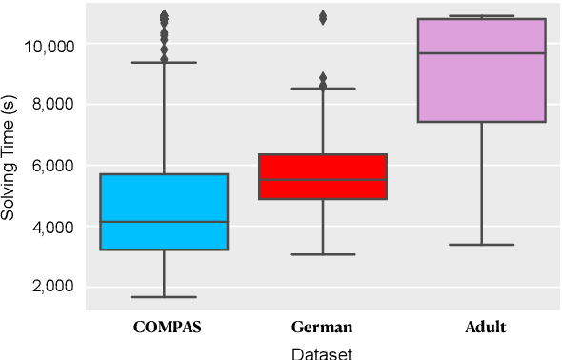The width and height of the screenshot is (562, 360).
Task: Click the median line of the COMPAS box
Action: [164, 222]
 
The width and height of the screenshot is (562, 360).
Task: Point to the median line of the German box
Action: [323, 180]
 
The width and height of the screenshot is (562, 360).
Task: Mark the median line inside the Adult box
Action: [481, 53]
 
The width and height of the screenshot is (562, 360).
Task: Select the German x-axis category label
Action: [323, 328]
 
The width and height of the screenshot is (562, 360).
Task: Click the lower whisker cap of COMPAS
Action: [164, 297]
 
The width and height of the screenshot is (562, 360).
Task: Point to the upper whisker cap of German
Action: [323, 89]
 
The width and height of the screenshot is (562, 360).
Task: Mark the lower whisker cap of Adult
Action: [481, 245]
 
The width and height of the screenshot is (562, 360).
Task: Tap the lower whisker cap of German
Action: [323, 254]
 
